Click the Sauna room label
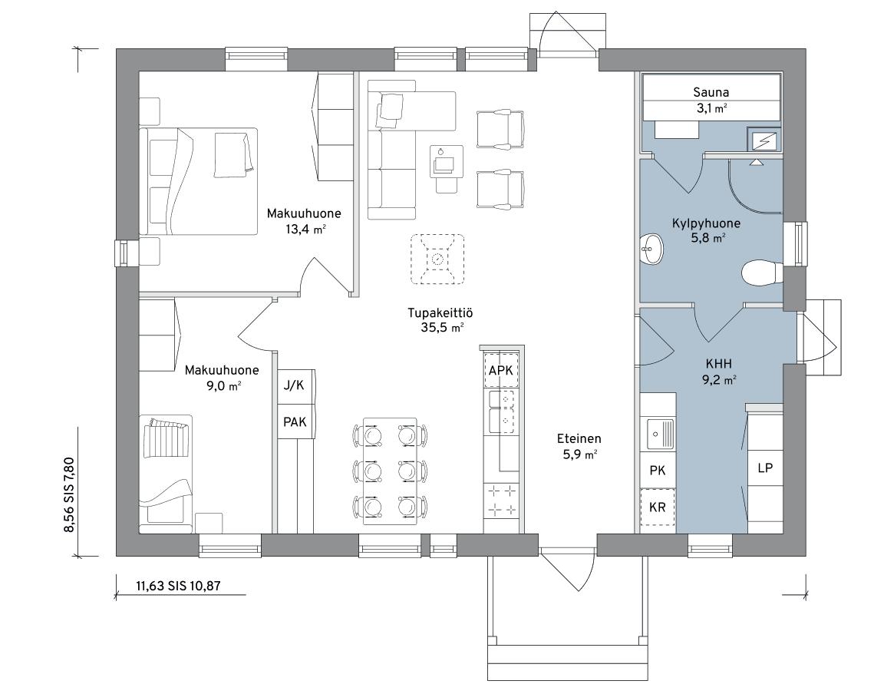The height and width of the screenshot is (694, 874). point(711,92)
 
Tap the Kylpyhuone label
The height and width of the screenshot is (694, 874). point(706,223)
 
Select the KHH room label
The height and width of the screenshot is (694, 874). point(718,364)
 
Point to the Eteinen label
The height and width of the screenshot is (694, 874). point(579,439)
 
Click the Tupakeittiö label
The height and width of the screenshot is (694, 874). point(440,313)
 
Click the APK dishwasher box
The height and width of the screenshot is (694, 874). point(501,371)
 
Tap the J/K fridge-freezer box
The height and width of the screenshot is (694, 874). point(295,385)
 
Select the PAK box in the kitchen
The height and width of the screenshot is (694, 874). point(295,421)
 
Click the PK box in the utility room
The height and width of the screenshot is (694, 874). point(658,471)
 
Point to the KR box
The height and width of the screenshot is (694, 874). point(658,507)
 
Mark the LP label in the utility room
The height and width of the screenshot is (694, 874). point(765,468)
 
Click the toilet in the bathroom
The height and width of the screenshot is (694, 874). point(763,273)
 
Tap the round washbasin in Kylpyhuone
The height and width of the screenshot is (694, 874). point(651,249)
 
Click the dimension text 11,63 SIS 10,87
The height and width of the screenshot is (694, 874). point(178,586)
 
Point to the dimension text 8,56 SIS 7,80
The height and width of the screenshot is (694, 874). point(69,495)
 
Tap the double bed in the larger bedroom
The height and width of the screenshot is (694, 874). point(199,181)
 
